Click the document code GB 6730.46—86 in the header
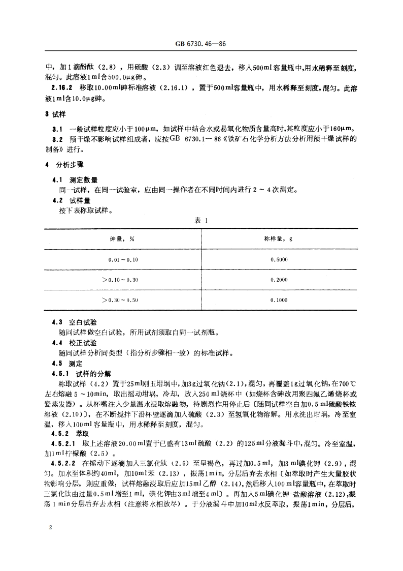click(201, 45)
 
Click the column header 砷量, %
click(122, 238)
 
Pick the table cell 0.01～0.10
click(123, 259)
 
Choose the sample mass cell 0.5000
click(279, 259)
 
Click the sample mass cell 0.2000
click(279, 280)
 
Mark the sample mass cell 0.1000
click(279, 300)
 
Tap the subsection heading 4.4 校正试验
click(75, 343)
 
